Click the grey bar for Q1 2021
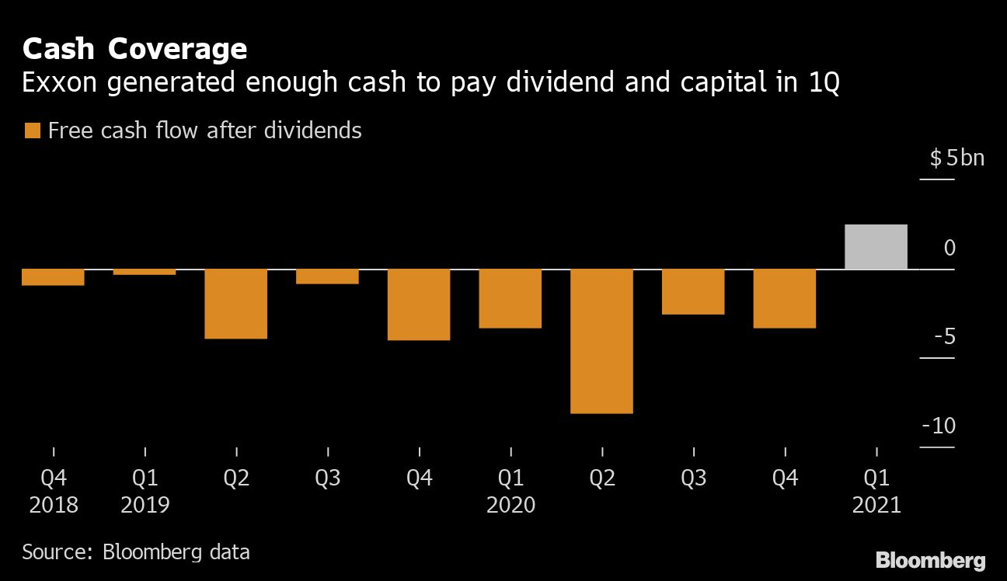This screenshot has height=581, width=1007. pyautogui.click(x=876, y=247)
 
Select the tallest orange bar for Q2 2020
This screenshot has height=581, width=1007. pyautogui.click(x=601, y=341)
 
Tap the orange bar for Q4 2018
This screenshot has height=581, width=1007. pyautogui.click(x=53, y=277)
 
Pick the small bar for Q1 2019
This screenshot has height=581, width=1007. pyautogui.click(x=145, y=272)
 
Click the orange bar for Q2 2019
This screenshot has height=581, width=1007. pyautogui.click(x=236, y=304)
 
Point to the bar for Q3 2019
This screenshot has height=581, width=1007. pyautogui.click(x=327, y=277)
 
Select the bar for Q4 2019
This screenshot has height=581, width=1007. pyautogui.click(x=419, y=304)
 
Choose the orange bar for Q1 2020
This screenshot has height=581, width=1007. pyautogui.click(x=510, y=298)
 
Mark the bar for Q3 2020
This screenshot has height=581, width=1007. pyautogui.click(x=693, y=292)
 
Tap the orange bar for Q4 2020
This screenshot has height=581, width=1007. pyautogui.click(x=785, y=298)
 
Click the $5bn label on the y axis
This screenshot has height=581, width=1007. pyautogui.click(x=956, y=158)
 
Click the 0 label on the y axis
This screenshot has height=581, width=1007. pyautogui.click(x=950, y=248)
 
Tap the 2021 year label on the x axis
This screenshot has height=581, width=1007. pyautogui.click(x=876, y=505)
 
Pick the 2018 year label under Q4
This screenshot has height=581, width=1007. pyautogui.click(x=54, y=505)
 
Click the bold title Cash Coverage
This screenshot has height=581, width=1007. pyautogui.click(x=134, y=50)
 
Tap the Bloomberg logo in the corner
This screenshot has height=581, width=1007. pyautogui.click(x=930, y=560)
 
